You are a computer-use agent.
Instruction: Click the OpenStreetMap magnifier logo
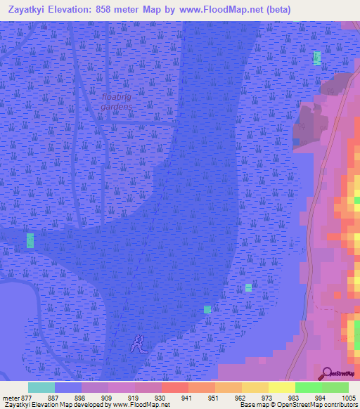[x=326, y=373]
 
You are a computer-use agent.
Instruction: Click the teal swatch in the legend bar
[x=41, y=387]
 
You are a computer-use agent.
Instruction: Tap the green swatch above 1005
[x=335, y=387]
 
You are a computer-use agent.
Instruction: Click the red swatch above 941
[x=174, y=387]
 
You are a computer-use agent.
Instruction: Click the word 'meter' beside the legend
[x=11, y=397]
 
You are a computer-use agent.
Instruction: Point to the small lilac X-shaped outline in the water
[x=138, y=344]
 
